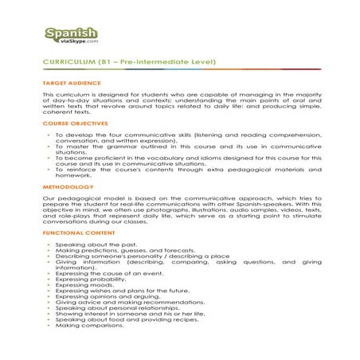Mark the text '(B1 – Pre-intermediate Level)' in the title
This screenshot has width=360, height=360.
pos(149,61)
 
